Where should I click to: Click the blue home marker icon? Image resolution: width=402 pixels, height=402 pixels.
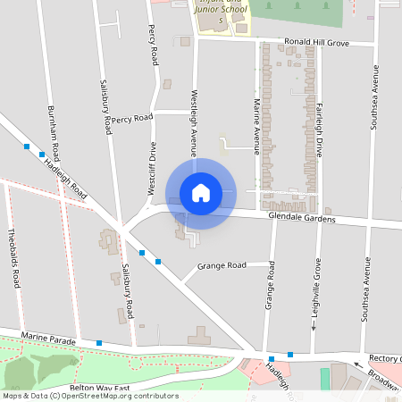point(201,192)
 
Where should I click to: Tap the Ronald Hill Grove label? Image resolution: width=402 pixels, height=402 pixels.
point(316,42)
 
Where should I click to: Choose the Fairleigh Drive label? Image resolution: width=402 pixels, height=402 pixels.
point(319,129)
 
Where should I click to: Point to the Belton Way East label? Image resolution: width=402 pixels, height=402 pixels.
point(100,388)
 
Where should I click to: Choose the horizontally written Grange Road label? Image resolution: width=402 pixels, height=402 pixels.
point(222,265)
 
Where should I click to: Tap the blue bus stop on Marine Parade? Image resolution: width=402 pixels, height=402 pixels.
point(99,343)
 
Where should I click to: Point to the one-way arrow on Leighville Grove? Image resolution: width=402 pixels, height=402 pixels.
point(314,325)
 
